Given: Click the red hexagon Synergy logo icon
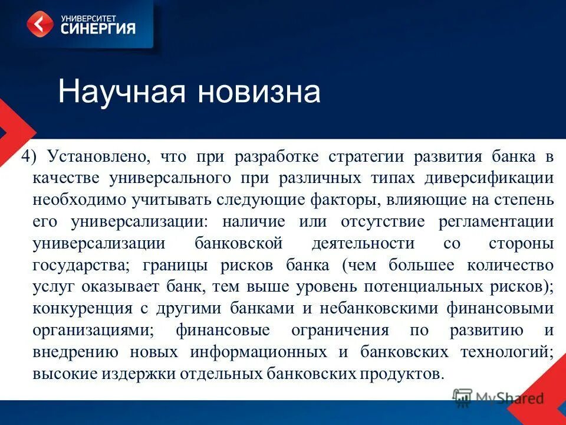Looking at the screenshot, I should pyautogui.click(x=40, y=24).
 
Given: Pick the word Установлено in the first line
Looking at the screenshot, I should pyautogui.click(x=98, y=157).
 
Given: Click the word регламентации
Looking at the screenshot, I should pyautogui.click(x=495, y=222).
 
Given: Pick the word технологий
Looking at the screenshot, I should pyautogui.click(x=505, y=352).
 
